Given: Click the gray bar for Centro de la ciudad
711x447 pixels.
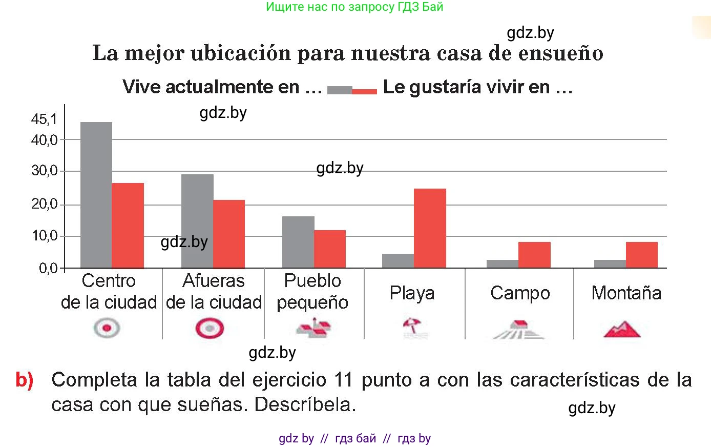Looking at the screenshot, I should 96,195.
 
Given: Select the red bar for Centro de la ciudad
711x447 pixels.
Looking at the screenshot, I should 128,226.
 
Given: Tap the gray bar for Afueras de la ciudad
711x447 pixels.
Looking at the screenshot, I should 197,221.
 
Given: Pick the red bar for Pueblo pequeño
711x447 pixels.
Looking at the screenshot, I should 330,249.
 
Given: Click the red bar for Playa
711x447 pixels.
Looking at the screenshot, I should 430,228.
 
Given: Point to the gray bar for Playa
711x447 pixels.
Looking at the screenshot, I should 398,261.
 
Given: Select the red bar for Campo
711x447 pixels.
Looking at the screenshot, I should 534,255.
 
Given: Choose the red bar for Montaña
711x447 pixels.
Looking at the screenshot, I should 641,255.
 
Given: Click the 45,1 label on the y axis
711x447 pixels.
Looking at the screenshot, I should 44,119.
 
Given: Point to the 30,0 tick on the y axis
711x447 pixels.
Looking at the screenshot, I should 44,171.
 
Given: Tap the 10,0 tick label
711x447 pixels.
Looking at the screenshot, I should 44,236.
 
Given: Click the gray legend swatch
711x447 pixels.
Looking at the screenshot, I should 340,90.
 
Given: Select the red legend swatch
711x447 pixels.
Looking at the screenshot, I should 364,91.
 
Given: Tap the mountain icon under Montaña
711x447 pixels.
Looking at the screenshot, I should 622,329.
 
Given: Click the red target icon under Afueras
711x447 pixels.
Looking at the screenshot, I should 210,328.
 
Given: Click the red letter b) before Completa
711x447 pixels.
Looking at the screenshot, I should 25,380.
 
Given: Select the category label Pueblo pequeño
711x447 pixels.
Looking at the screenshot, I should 312,291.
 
